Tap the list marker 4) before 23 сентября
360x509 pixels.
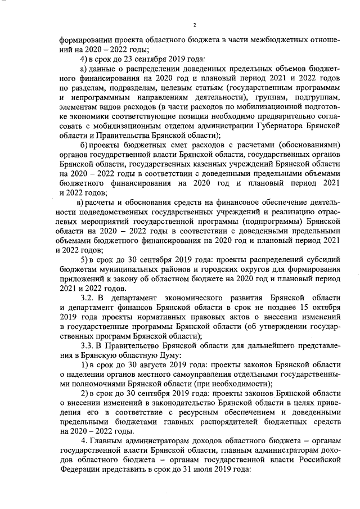click(x=84, y=59)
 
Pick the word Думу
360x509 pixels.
click(x=165, y=355)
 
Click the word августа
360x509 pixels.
click(x=141, y=365)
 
